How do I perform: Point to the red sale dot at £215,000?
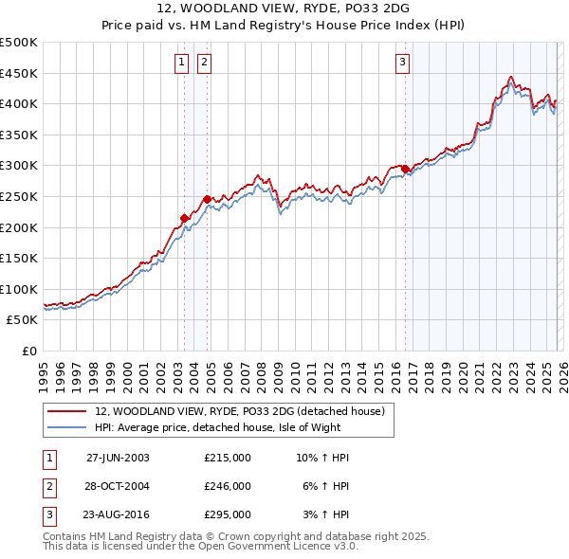[185, 218]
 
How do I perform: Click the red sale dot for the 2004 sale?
[207, 199]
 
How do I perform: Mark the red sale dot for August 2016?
[405, 169]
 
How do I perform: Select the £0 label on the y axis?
[28, 351]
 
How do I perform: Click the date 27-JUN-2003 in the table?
[118, 458]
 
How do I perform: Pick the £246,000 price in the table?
[228, 486]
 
